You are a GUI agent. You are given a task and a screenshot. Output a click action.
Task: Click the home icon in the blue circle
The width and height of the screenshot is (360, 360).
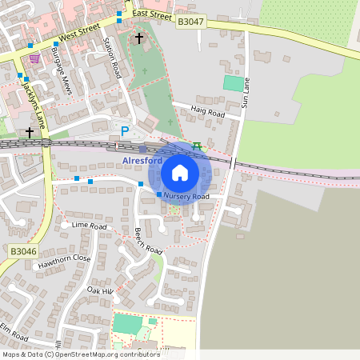180,173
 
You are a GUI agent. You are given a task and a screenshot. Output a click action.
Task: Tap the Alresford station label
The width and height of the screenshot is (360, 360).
142,160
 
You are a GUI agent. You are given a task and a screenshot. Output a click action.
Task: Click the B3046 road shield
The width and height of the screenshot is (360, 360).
23,251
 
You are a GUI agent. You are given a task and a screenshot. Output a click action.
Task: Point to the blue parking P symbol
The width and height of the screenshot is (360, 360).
124,131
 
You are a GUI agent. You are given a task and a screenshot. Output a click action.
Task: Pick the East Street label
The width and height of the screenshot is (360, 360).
152,14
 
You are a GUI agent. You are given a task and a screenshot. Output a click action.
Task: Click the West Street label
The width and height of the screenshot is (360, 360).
78,35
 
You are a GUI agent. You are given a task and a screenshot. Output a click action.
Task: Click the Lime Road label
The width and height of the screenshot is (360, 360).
89,226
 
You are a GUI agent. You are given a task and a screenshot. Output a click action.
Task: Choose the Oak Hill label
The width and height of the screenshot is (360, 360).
101,290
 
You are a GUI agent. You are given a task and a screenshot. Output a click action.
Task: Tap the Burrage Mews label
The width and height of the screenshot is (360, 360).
62,71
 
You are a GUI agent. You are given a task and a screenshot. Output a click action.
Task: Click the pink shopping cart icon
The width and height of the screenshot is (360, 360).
34,58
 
